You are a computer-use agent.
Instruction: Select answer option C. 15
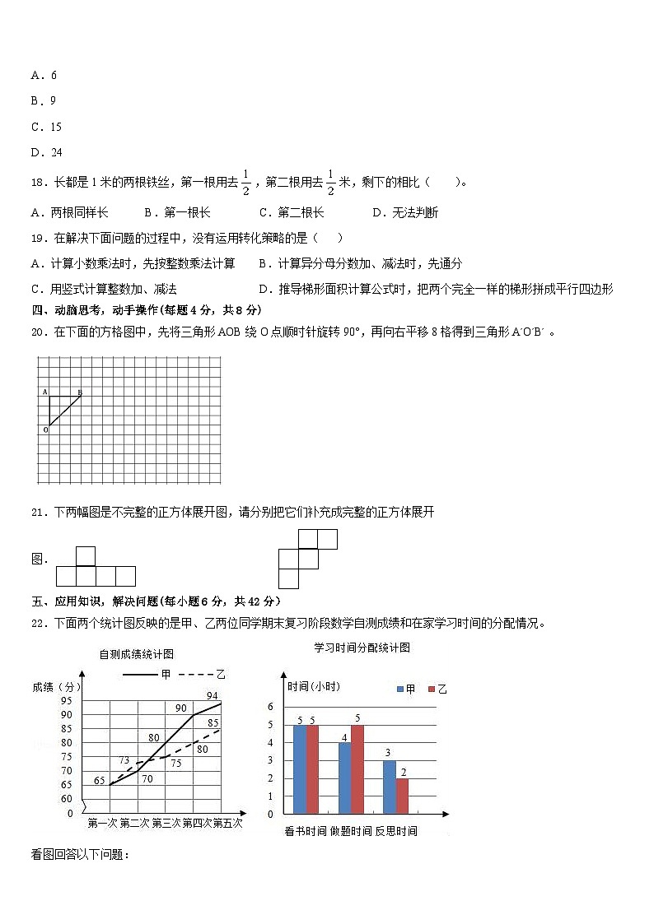(x=46, y=127)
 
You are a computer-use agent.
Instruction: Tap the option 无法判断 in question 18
(x=404, y=212)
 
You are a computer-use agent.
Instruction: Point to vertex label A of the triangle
(x=44, y=392)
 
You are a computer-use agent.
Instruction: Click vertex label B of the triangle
(x=80, y=392)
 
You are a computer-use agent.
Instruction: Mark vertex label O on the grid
(x=44, y=429)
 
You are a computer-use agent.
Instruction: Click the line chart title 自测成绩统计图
(x=136, y=654)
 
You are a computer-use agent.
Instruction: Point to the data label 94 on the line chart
(x=212, y=695)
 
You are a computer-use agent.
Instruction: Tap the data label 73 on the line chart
(x=124, y=760)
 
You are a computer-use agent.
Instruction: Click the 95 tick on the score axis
(x=66, y=700)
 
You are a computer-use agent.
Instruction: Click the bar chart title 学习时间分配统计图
(x=362, y=648)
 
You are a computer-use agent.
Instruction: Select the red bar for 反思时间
(x=402, y=796)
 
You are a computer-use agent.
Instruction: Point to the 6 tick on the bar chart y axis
(x=269, y=706)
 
